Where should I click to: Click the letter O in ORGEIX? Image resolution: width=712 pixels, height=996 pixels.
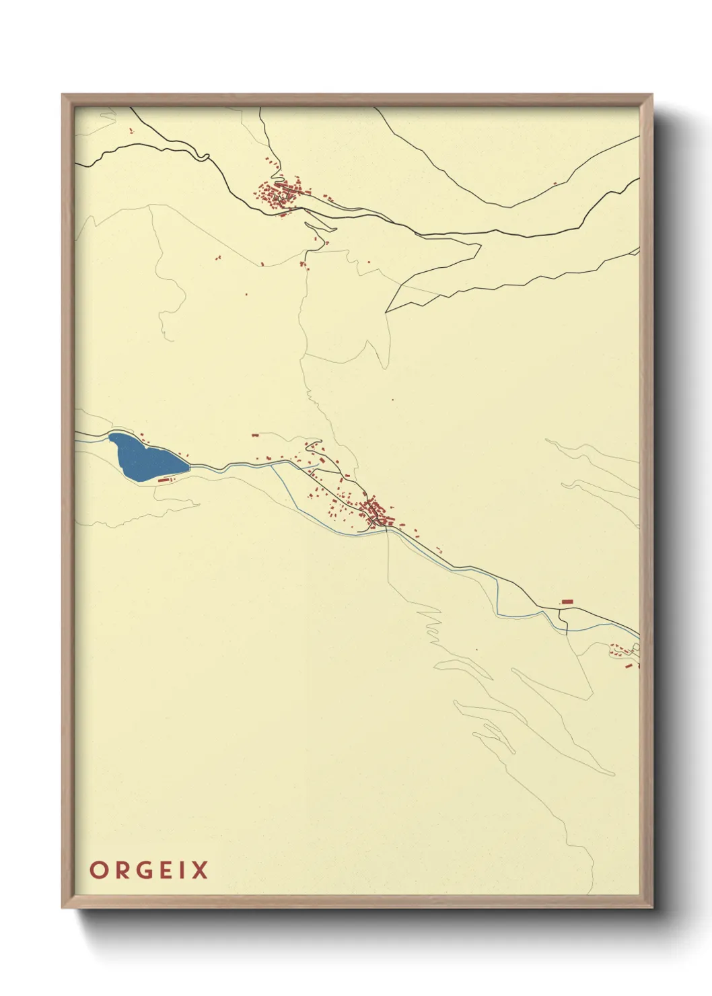click(98, 870)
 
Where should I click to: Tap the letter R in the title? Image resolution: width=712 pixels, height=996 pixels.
click(122, 870)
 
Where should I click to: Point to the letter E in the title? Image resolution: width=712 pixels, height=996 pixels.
click(168, 870)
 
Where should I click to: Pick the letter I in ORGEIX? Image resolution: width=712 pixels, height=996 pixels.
click(184, 870)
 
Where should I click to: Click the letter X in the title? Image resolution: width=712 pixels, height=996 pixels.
click(200, 870)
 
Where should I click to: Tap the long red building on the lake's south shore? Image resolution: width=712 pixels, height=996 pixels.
click(165, 480)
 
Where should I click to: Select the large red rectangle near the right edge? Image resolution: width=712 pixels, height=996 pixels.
click(567, 601)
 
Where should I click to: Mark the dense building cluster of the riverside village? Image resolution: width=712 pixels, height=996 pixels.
click(373, 513)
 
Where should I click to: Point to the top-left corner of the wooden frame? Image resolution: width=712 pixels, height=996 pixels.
click(63, 96)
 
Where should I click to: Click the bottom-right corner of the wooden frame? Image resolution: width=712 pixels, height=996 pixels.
click(651, 906)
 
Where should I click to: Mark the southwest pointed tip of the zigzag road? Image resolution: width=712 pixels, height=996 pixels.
click(386, 312)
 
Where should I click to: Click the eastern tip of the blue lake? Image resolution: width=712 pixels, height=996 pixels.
click(189, 464)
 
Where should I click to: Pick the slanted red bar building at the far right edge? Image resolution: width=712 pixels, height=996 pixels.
click(629, 665)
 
